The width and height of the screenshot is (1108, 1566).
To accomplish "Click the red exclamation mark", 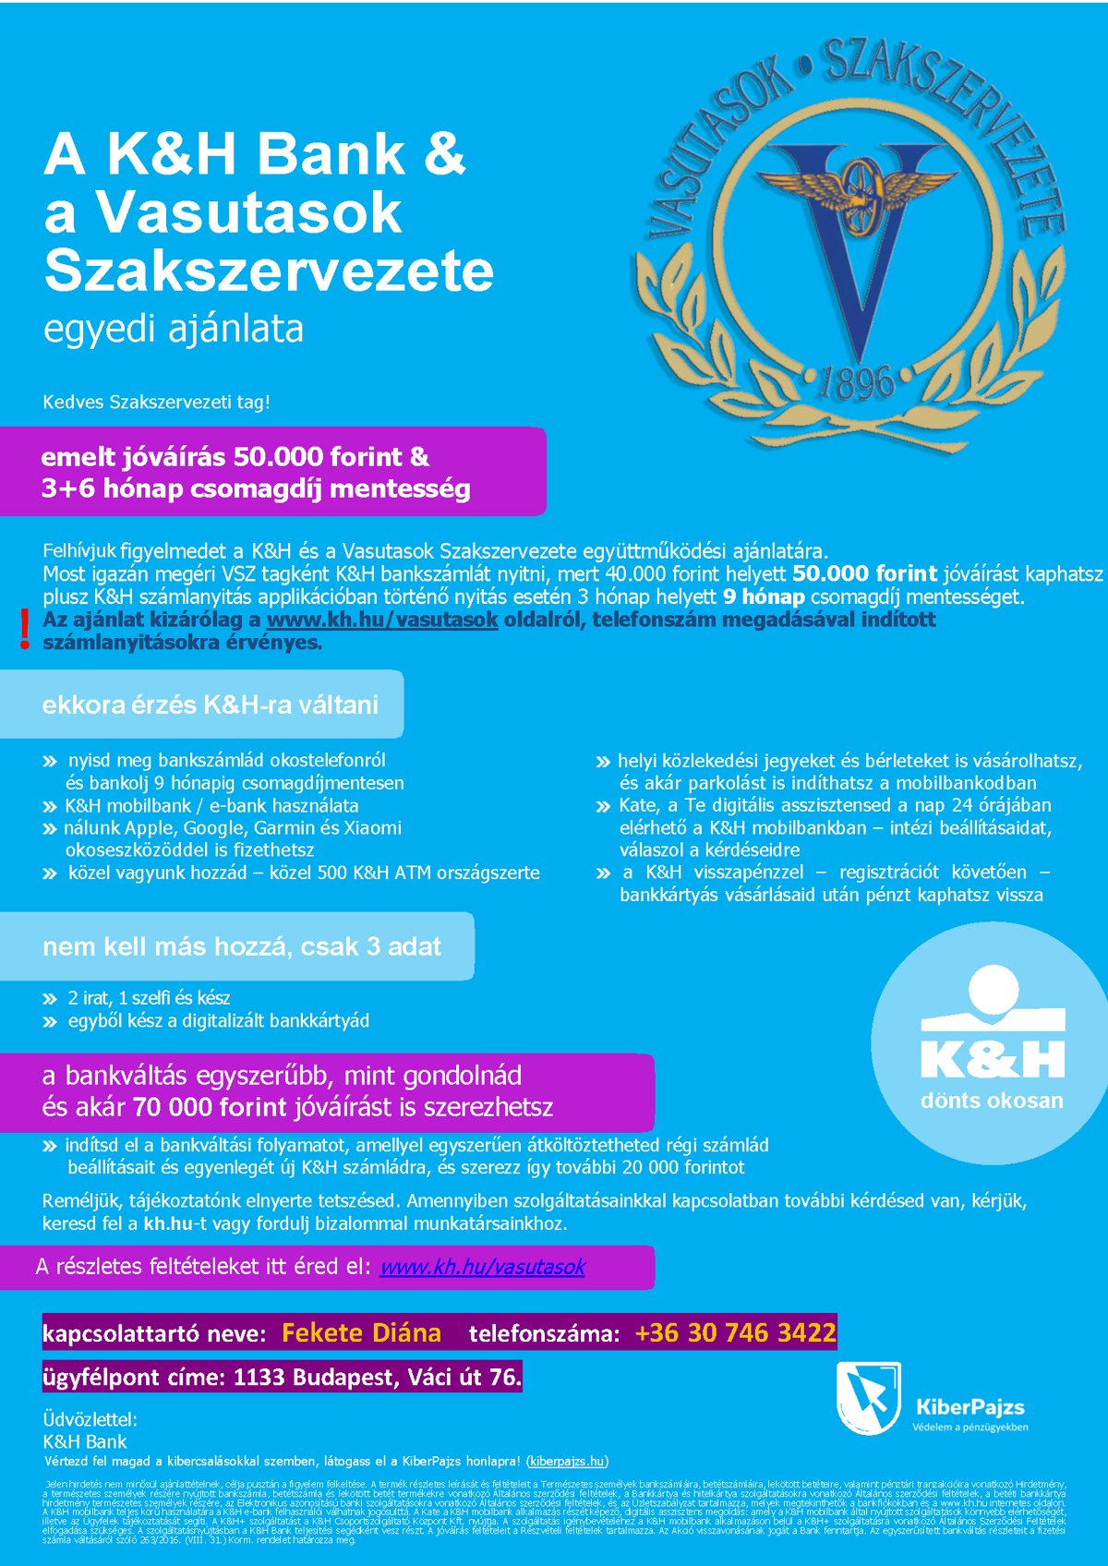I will tap(25, 629).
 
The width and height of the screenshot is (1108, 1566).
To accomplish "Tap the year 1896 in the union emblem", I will tap(856, 381).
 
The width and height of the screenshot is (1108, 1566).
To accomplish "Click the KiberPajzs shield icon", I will tap(868, 1397).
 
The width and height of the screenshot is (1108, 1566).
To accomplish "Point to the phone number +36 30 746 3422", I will tap(735, 1332).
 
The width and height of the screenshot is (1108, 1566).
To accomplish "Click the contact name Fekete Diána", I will tap(361, 1332).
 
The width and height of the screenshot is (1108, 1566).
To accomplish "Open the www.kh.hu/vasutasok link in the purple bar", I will tap(482, 1267).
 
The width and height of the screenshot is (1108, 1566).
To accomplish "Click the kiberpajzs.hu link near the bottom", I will tap(568, 1461).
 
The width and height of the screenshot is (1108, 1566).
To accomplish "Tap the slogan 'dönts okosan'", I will tap(992, 1101).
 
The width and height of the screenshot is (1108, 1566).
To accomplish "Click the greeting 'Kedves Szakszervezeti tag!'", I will tap(156, 402).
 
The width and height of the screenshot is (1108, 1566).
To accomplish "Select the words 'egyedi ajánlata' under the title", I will tap(174, 329).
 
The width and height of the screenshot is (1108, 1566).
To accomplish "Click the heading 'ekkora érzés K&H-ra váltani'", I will tap(210, 705).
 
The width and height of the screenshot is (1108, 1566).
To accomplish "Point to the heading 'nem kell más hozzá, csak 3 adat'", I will tap(241, 946).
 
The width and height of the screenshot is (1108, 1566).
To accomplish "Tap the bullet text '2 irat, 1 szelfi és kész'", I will tap(149, 998).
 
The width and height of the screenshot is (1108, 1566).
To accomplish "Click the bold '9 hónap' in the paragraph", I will tap(764, 596).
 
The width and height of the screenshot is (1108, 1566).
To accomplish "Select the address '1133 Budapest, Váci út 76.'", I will tap(377, 1377).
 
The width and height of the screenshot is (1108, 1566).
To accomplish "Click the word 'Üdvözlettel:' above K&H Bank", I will tap(90, 1419).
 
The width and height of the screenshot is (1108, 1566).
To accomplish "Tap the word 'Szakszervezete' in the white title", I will tap(269, 271).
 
